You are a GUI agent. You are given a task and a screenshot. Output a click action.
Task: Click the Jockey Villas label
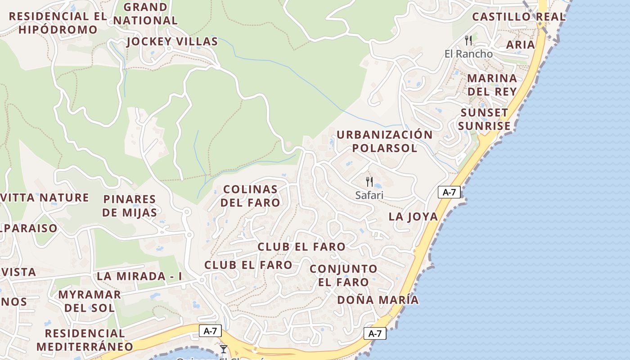pyautogui.click(x=172, y=42)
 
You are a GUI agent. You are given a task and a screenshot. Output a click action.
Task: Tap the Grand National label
pyautogui.click(x=145, y=14)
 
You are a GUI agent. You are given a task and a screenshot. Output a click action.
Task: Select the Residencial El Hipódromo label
pyautogui.click(x=58, y=23)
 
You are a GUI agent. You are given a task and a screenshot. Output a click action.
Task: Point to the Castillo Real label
pyautogui.click(x=518, y=17)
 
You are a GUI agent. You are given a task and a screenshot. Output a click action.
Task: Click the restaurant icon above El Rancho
pyautogui.click(x=468, y=40)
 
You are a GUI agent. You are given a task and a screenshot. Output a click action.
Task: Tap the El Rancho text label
pyautogui.click(x=468, y=54)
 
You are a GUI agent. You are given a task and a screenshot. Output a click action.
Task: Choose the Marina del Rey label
pyautogui.click(x=492, y=85)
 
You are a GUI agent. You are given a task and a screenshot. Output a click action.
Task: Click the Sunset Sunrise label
pyautogui.click(x=484, y=119)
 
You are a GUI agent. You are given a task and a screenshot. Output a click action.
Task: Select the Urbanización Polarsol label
pyautogui.click(x=384, y=141)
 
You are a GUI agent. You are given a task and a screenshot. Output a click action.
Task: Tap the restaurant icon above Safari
pyautogui.click(x=369, y=182)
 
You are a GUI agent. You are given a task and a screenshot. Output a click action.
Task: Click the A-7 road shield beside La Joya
pyautogui.click(x=449, y=193)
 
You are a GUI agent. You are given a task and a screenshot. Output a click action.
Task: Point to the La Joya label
pyautogui.click(x=413, y=216)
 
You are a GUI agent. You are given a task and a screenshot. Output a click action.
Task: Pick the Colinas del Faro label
pyautogui.click(x=250, y=196)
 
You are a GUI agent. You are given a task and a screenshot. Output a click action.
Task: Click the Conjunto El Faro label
pyautogui.click(x=344, y=275)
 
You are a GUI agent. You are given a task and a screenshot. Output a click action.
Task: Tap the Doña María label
pyautogui.click(x=378, y=300)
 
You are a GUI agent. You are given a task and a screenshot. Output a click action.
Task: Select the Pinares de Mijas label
pyautogui.click(x=130, y=206)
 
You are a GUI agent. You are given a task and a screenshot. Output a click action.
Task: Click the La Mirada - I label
pyautogui.click(x=139, y=276)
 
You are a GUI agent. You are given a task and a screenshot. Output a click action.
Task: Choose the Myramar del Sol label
pyautogui.click(x=90, y=301)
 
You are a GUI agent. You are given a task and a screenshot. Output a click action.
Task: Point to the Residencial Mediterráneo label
pyautogui.click(x=85, y=340)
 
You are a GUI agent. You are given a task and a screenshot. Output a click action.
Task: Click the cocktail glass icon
pyautogui.click(x=223, y=349)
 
